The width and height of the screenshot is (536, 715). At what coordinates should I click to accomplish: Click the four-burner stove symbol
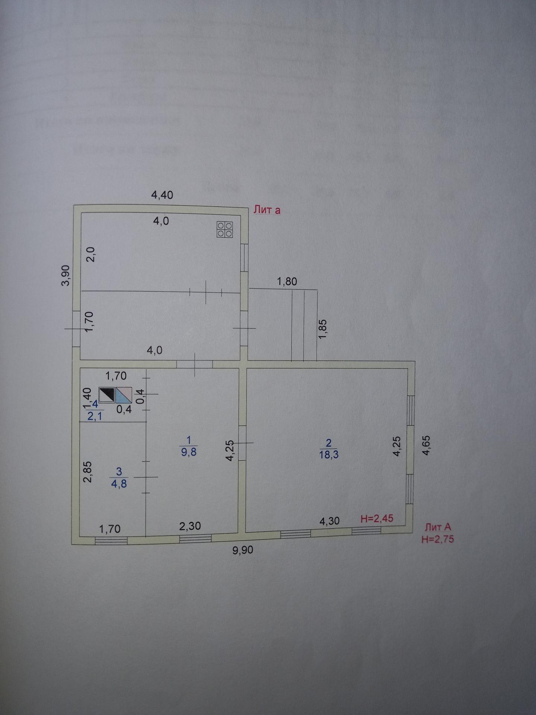tap(224, 229)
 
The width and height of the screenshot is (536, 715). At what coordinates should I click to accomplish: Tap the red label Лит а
tap(267, 210)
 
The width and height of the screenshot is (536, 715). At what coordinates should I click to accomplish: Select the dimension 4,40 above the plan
tap(162, 195)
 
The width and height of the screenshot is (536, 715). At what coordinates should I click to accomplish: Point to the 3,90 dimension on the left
tap(66, 275)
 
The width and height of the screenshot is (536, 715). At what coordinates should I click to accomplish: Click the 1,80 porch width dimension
tap(287, 281)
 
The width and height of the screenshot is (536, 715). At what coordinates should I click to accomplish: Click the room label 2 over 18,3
tap(329, 448)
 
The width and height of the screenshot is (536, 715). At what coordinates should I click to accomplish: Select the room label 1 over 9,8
tap(189, 446)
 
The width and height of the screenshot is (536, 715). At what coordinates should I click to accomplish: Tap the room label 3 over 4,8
tap(119, 477)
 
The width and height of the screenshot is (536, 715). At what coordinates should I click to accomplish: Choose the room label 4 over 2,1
tap(95, 410)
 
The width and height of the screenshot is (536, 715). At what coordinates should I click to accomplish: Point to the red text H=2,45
tap(377, 518)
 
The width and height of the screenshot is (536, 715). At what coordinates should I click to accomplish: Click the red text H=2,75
tap(437, 539)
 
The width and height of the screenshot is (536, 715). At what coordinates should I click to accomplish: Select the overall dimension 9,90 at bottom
tap(243, 550)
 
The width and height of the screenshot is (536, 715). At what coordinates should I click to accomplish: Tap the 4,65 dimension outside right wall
tap(426, 445)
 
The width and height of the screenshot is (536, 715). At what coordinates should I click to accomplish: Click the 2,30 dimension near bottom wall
tap(190, 526)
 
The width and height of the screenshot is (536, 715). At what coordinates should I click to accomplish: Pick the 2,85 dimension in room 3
tap(88, 472)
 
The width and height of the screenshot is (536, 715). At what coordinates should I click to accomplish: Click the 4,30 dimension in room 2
tap(329, 521)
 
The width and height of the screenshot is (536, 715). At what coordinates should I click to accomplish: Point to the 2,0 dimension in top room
tap(91, 255)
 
